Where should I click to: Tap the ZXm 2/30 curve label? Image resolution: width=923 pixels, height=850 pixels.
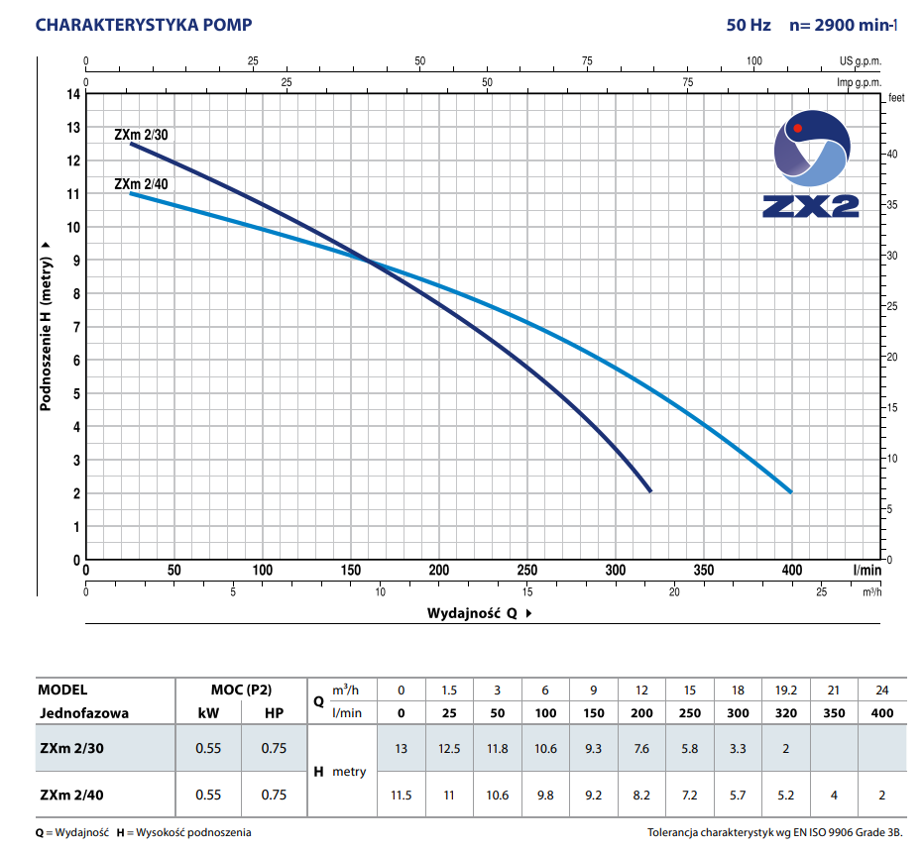tap(147, 135)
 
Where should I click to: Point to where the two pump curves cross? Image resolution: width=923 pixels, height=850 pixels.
tap(370, 262)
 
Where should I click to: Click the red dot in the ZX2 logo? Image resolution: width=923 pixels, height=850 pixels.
tap(797, 128)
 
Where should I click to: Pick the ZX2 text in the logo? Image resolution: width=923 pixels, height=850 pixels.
tap(811, 205)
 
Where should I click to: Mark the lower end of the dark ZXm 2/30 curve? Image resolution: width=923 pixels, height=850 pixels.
tap(650, 491)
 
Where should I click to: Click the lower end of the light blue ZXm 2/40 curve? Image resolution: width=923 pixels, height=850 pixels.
tap(791, 491)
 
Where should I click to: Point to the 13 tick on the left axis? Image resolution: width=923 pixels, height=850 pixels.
tap(72, 128)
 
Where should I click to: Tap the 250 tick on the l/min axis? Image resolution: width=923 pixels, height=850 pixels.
tap(527, 570)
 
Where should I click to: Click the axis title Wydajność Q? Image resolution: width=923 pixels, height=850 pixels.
tap(473, 613)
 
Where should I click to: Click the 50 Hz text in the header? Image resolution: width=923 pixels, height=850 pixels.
tap(749, 25)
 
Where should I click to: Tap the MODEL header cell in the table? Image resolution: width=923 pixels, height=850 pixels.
tap(63, 690)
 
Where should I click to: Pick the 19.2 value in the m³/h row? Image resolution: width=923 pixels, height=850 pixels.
tap(785, 690)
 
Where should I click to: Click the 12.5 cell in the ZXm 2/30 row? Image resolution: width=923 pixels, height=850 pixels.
tap(450, 748)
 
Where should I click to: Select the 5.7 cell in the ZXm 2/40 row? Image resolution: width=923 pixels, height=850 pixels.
tap(738, 795)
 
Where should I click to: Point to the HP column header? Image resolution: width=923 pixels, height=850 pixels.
tap(274, 712)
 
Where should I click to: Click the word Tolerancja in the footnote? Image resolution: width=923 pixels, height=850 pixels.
tap(677, 832)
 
